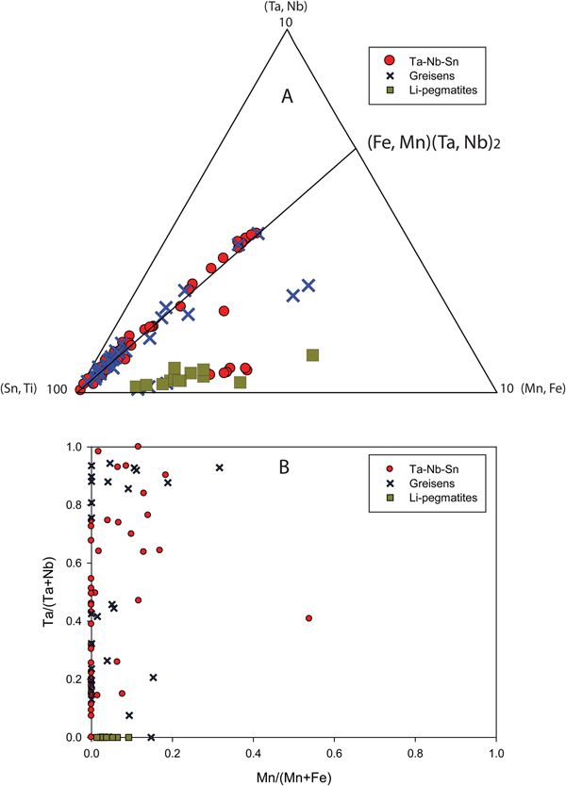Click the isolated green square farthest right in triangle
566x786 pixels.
pos(313,355)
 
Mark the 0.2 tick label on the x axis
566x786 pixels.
pos(172,754)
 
